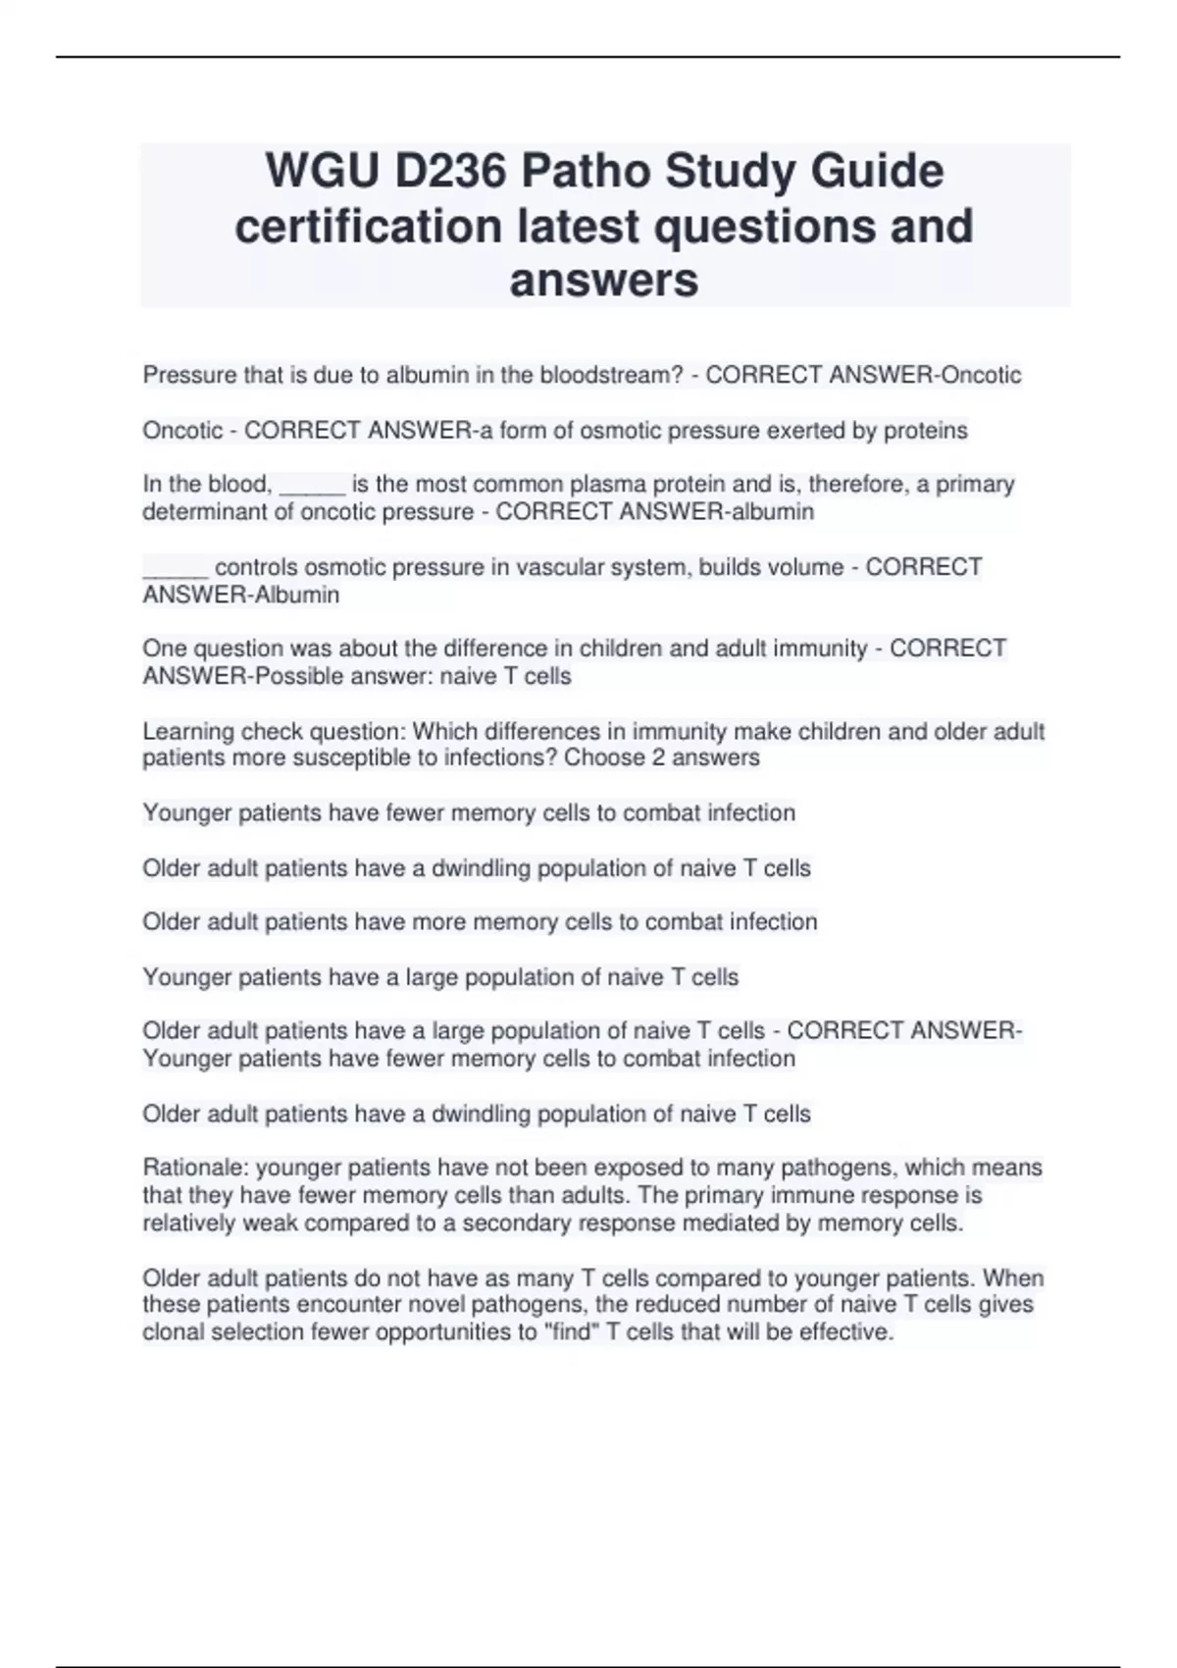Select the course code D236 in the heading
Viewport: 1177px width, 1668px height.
coord(450,172)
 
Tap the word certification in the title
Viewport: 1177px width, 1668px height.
coord(368,226)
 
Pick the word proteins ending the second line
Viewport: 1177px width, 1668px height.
coord(926,431)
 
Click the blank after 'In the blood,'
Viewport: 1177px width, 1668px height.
coord(312,486)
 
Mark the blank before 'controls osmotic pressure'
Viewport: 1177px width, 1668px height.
coord(175,569)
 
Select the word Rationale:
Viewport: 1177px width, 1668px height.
coord(195,1168)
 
